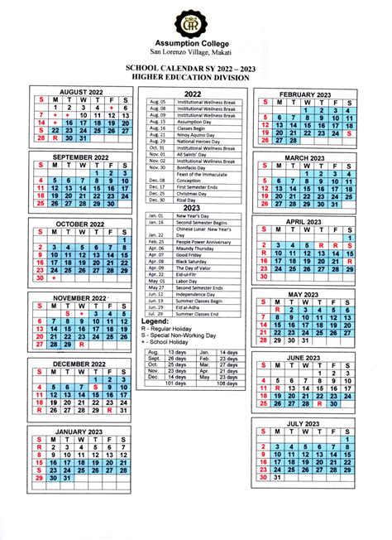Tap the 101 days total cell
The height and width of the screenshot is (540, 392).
(x=176, y=383)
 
